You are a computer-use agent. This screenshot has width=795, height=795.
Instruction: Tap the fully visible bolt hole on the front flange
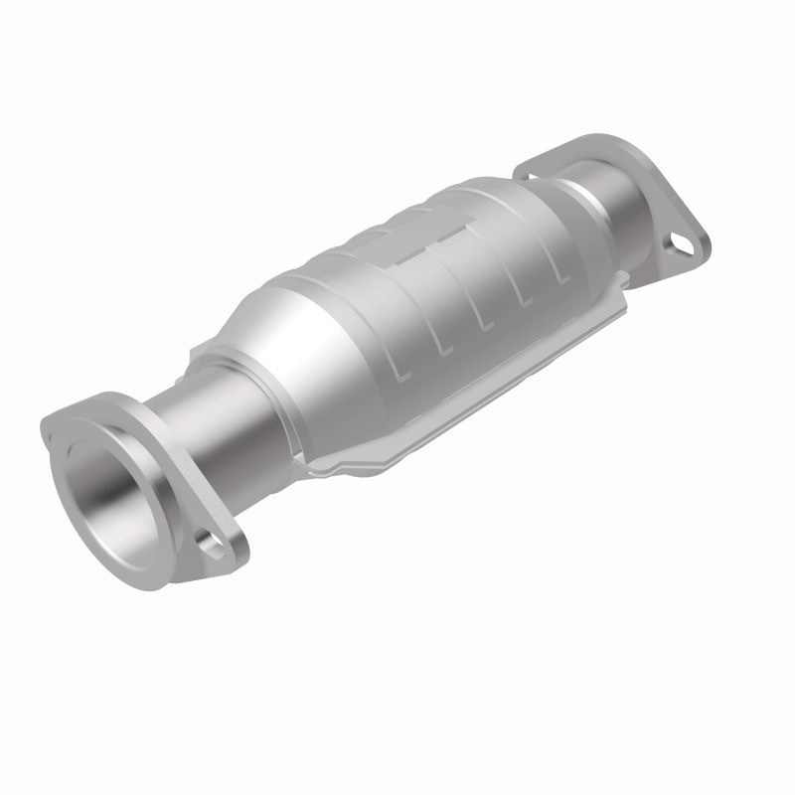(x=210, y=543)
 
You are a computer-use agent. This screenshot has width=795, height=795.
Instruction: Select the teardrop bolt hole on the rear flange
(x=681, y=241)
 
